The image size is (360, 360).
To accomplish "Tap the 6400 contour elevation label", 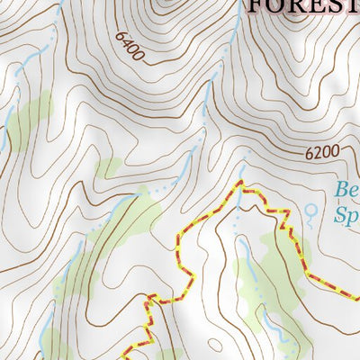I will point(130,48).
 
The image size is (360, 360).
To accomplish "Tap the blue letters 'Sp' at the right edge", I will point(346,216).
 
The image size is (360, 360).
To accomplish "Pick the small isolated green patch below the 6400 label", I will point(109,167).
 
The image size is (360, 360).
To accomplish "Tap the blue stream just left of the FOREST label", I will point(236,36).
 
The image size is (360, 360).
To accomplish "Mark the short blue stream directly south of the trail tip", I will point(239,216).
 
